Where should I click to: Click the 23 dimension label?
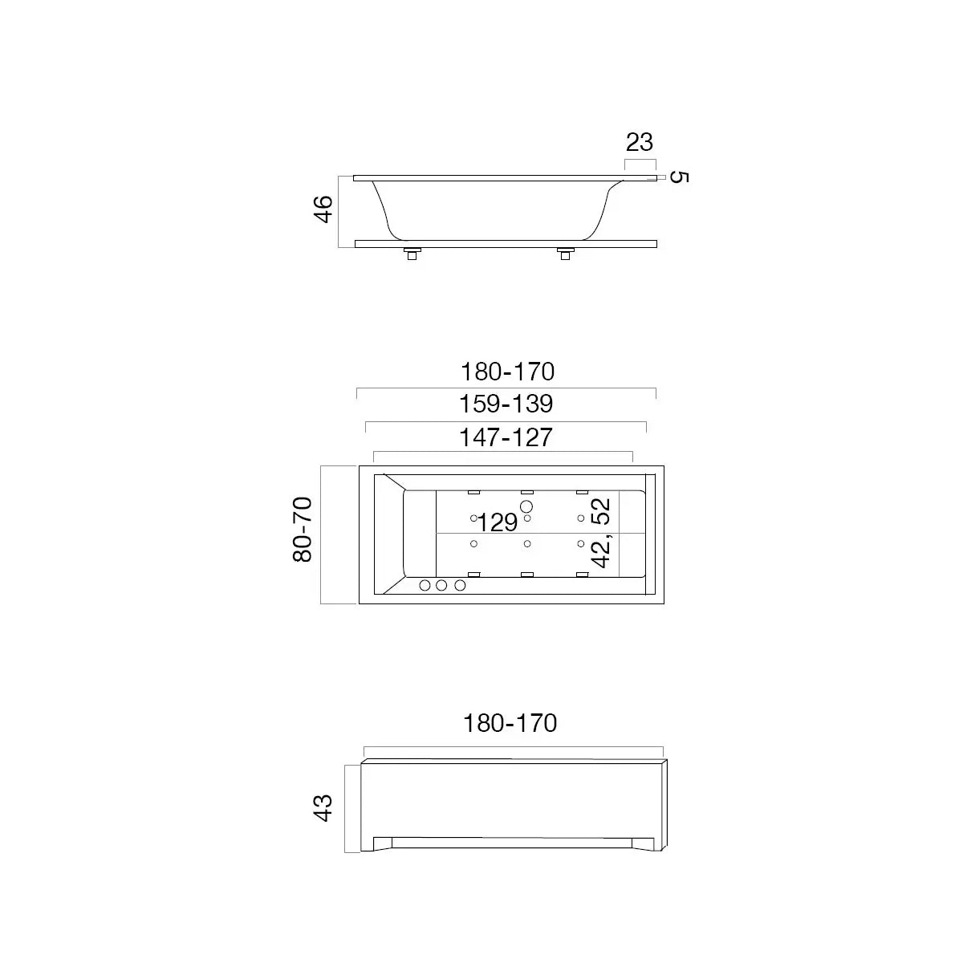[x=640, y=143]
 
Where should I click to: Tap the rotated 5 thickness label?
[x=678, y=177]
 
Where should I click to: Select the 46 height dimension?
[x=323, y=209]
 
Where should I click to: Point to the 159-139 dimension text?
[x=506, y=403]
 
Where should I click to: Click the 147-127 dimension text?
[x=506, y=437]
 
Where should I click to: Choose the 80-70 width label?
[x=303, y=529]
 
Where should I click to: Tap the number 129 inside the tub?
[x=498, y=523]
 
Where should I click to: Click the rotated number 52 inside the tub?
[x=602, y=511]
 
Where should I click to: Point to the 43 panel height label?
[x=323, y=807]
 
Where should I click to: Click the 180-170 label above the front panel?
[x=510, y=723]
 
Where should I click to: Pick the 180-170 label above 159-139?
[x=507, y=372]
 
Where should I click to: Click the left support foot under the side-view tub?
[x=412, y=254]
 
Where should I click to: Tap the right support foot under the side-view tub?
[x=565, y=254]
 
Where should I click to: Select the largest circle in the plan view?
[x=526, y=506]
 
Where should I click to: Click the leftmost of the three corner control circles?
[x=425, y=586]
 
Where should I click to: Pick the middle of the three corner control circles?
[x=442, y=586]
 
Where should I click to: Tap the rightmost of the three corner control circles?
[x=460, y=586]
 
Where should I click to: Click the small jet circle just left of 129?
[x=473, y=518]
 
